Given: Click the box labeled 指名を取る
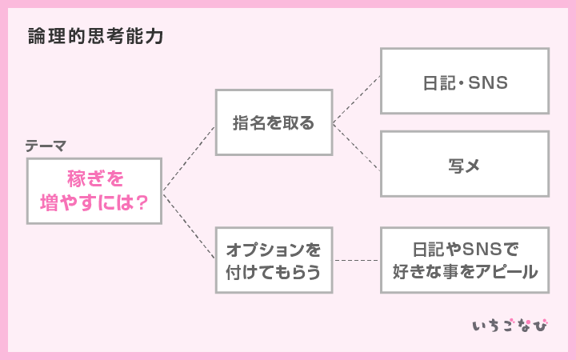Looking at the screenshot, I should pos(274,123).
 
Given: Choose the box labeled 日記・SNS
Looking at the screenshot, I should pos(464,82).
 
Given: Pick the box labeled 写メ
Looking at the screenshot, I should pos(464,165).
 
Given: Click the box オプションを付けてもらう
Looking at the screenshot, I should pos(274,260).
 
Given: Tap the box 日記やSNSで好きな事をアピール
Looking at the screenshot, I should pos(464,260).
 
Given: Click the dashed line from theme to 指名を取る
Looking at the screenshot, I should pos(189,158).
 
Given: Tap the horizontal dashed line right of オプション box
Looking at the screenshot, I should pos(356,260).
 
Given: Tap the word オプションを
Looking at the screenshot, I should pos(274,248).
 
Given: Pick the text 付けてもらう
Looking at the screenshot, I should pos(274,272).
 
